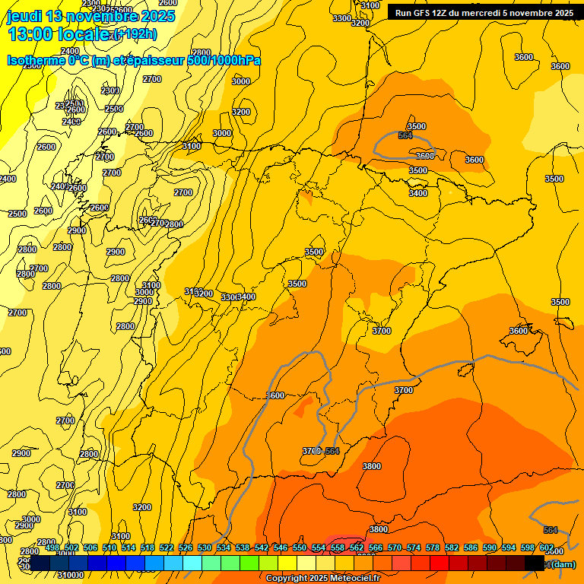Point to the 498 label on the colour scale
point(52,547)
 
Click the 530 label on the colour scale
point(205,547)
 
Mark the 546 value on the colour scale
point(281,547)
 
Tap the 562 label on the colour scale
point(357,547)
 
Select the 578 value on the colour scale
point(433,547)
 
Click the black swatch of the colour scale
point(535,563)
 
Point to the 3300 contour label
point(342,18)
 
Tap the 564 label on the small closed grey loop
point(405,135)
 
